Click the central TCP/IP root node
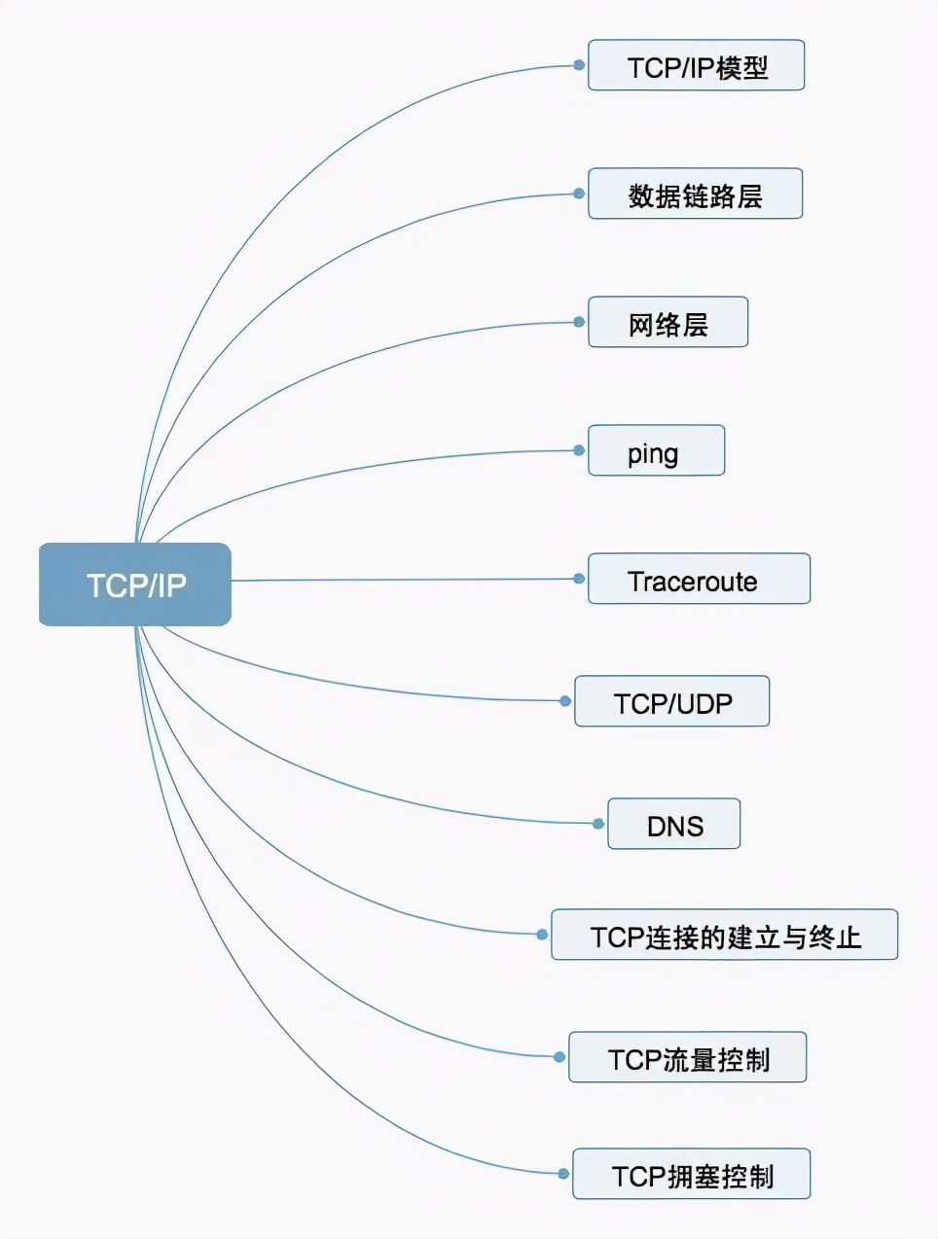[x=135, y=584]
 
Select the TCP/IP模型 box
[x=696, y=66]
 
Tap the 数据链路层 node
[x=695, y=195]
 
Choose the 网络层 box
[x=667, y=323]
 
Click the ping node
[x=656, y=451]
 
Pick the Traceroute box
[x=699, y=580]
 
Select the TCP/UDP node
[x=671, y=702]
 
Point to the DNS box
[x=673, y=825]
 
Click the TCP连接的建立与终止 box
[x=724, y=936]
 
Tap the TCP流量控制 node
[x=687, y=1058]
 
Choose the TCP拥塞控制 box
[x=691, y=1175]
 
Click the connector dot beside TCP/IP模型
[x=579, y=65]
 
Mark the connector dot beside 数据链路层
[x=579, y=194]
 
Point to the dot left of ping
[x=579, y=450]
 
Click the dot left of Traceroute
[x=579, y=579]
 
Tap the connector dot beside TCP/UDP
[x=565, y=701]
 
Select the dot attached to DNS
[x=598, y=824]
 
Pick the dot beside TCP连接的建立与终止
[x=542, y=935]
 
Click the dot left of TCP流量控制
[x=559, y=1057]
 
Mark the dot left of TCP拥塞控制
[x=563, y=1174]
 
